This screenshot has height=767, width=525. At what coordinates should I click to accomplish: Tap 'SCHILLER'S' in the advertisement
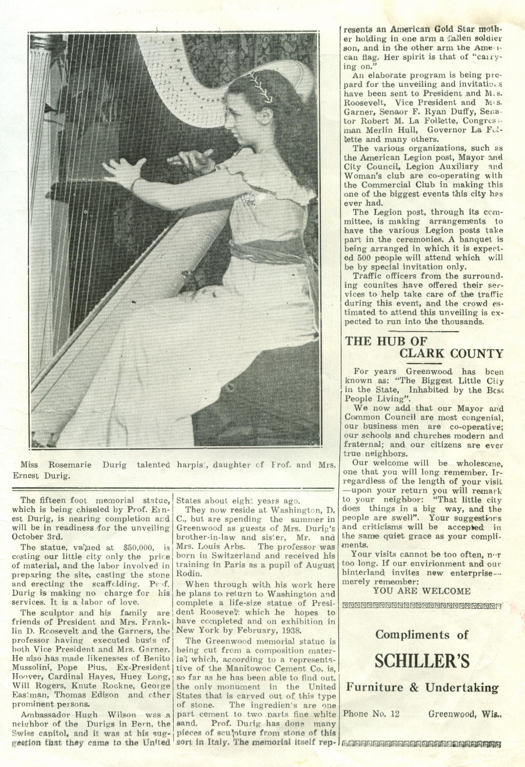pos(422,661)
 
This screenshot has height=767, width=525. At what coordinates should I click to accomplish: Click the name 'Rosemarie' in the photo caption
pos(70,465)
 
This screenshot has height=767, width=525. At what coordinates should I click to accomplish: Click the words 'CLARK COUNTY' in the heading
pos(451,354)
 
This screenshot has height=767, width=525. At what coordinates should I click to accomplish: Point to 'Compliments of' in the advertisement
pos(421,635)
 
